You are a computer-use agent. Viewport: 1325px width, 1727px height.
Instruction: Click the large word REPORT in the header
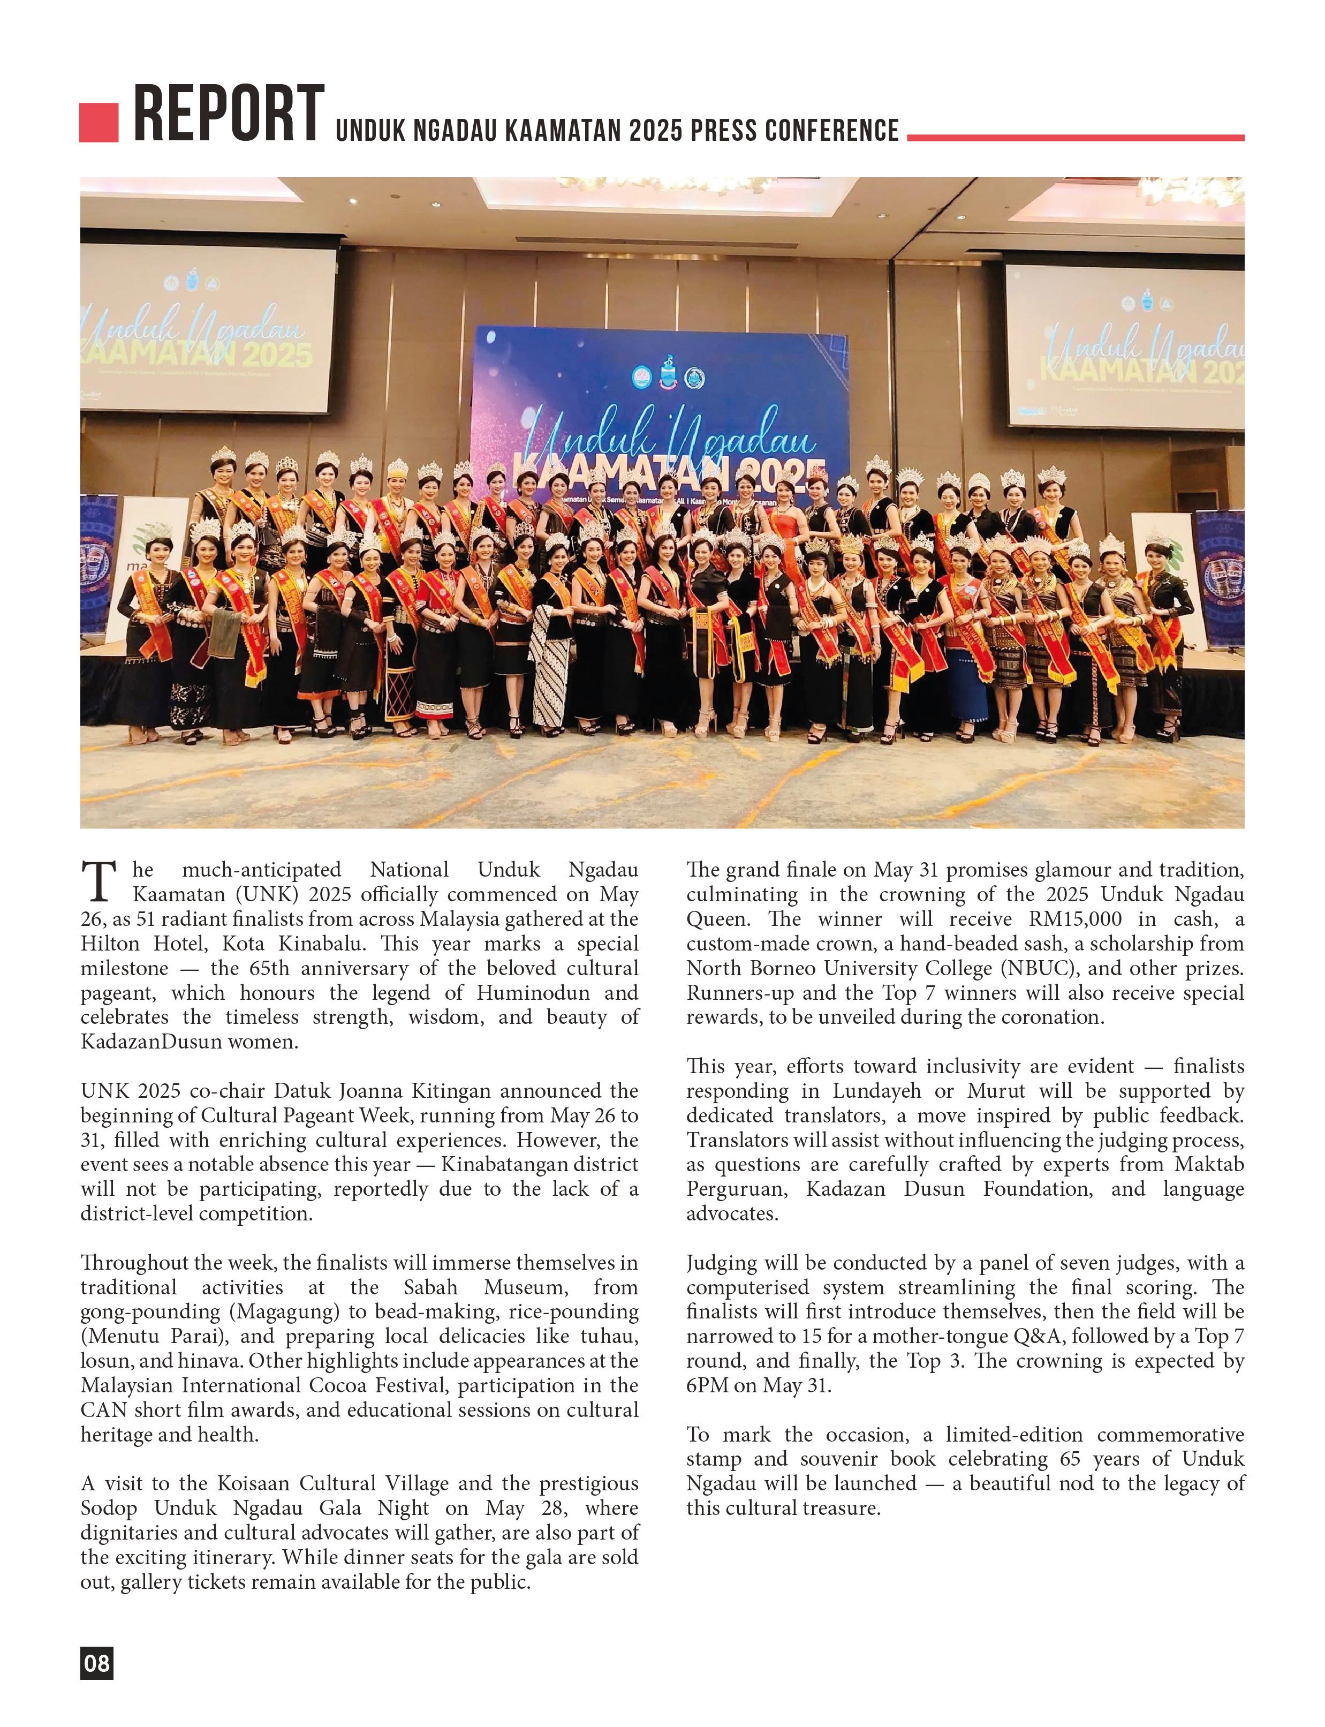[x=229, y=115]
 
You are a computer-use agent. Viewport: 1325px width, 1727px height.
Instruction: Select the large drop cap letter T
[x=99, y=881]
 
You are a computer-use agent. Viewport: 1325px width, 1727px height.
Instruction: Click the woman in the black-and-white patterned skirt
[x=550, y=647]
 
